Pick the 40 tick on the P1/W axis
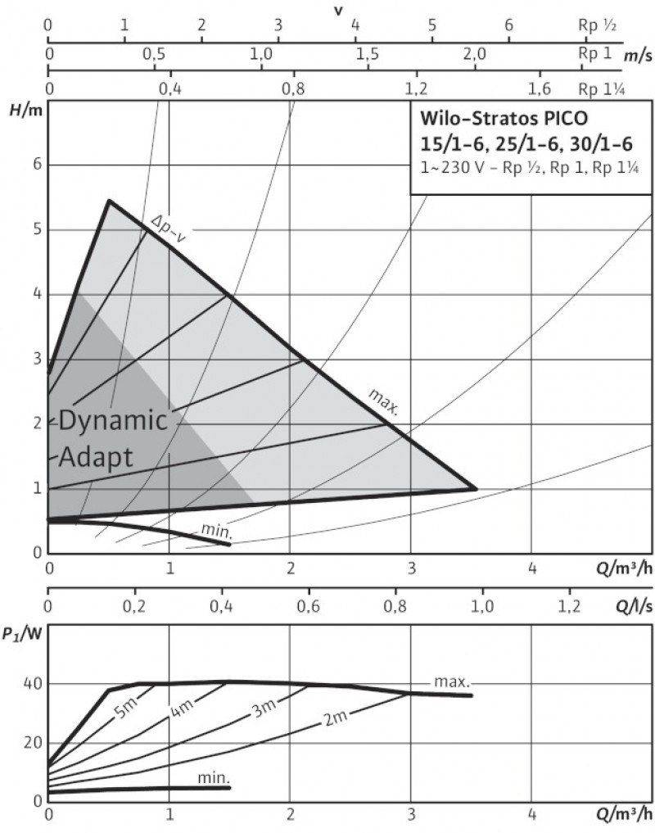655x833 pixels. (33, 684)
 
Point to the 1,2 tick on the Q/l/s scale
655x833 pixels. (569, 607)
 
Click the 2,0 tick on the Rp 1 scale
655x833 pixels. (475, 54)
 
